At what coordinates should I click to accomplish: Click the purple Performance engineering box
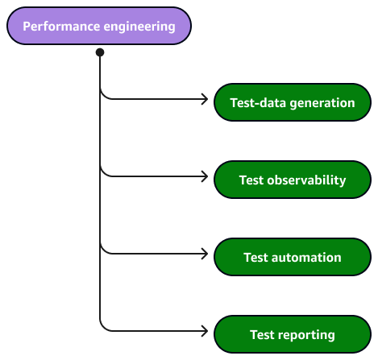[99, 26]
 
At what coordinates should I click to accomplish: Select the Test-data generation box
[293, 102]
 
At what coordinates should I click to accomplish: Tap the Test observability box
[293, 180]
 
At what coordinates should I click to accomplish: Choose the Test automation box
[293, 257]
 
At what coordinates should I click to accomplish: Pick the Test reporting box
[293, 334]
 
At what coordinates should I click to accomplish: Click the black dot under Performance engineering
[100, 52]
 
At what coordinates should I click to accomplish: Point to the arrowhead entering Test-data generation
[205, 99]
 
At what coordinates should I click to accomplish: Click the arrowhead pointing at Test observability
[205, 176]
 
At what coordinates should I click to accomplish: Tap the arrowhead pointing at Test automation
[205, 254]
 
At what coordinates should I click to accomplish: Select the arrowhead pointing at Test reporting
[205, 331]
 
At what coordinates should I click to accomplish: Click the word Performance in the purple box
[61, 27]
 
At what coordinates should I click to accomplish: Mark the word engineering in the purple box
[139, 27]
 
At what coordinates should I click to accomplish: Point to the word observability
[306, 180]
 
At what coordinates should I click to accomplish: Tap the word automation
[306, 258]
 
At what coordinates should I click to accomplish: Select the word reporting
[306, 336]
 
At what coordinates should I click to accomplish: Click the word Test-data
[258, 103]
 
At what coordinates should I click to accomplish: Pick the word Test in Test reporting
[262, 335]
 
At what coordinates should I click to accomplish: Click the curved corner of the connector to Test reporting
[104, 327]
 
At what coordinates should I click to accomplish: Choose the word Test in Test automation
[255, 258]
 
